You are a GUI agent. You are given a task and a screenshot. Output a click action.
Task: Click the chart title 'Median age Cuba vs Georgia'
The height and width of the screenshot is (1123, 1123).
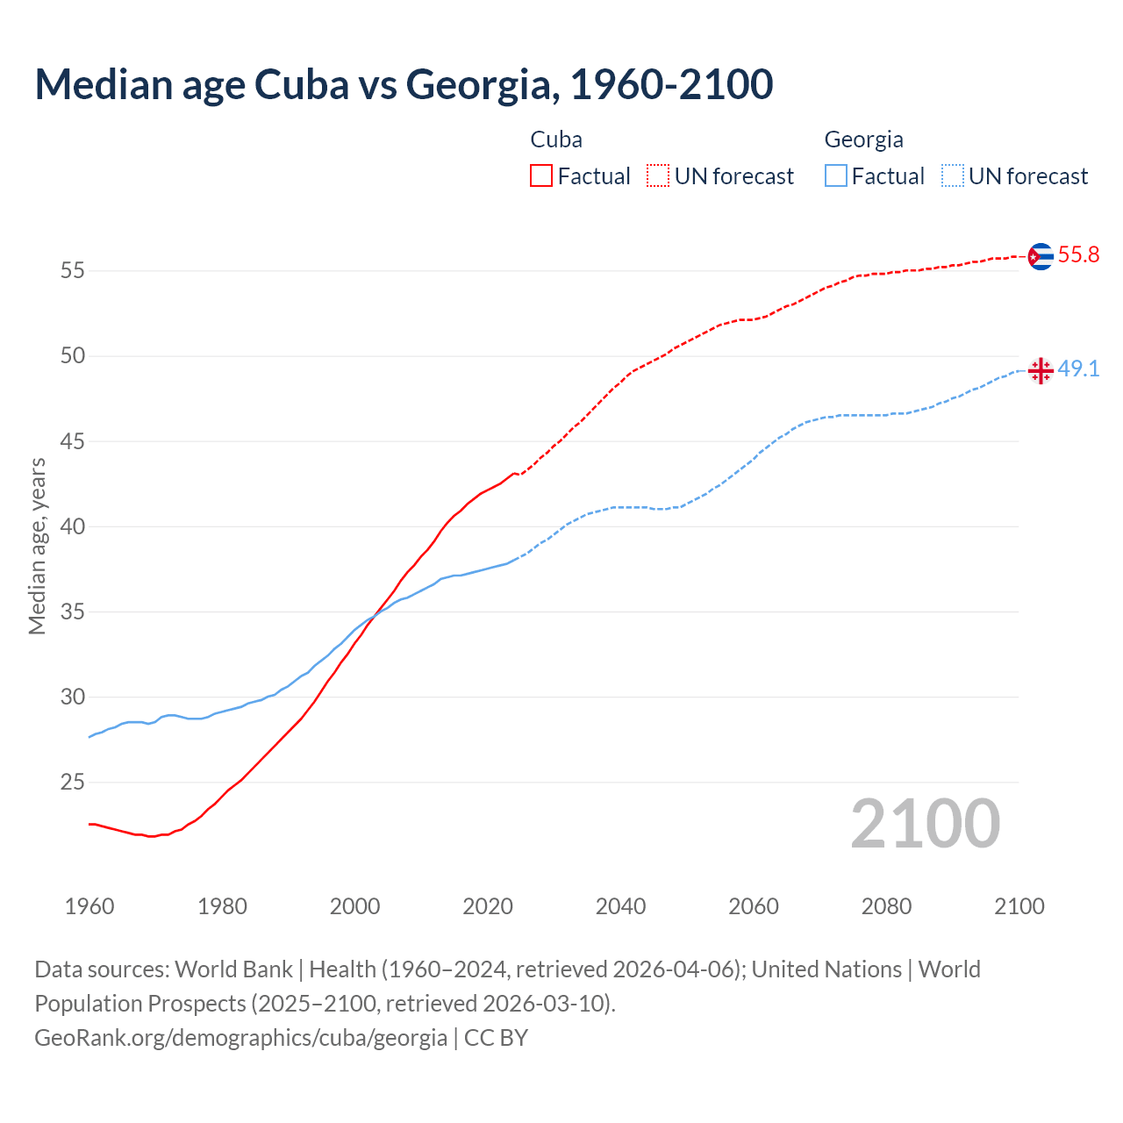(404, 84)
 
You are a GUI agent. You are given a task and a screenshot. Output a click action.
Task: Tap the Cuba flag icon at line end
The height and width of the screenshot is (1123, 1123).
(1040, 256)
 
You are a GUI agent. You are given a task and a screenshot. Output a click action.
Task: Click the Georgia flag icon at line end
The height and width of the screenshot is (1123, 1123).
(1040, 370)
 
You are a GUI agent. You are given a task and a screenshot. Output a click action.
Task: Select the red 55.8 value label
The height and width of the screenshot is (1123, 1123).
(1078, 255)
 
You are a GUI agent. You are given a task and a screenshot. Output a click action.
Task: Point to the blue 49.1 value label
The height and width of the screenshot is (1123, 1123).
(1078, 369)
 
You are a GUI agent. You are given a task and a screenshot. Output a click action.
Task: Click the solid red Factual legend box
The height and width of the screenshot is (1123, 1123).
(541, 176)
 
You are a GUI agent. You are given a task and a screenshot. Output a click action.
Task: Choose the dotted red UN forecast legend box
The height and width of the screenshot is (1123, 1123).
(658, 176)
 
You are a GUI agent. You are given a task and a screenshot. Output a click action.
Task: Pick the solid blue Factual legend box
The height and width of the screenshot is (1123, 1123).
(836, 176)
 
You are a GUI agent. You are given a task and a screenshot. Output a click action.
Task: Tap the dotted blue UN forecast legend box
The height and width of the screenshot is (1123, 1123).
(953, 176)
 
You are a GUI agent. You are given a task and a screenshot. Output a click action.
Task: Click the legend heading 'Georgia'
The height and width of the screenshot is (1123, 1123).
(863, 139)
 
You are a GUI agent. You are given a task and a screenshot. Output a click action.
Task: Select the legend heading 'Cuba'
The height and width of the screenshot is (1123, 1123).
(556, 139)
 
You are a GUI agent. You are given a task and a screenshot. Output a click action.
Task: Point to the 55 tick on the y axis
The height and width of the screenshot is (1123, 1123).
(72, 271)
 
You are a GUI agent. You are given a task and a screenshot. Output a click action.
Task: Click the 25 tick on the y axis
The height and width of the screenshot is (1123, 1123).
(72, 783)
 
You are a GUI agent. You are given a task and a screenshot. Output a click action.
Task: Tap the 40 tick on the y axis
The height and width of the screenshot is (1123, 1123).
(72, 527)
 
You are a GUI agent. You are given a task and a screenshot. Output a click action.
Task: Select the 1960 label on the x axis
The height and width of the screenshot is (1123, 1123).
(89, 906)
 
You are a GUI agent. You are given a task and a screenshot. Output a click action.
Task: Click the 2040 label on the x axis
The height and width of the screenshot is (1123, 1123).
(620, 906)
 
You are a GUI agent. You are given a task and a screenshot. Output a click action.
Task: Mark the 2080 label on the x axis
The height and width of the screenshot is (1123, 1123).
(886, 906)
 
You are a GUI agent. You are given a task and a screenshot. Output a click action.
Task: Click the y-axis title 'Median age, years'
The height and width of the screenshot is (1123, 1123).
(37, 546)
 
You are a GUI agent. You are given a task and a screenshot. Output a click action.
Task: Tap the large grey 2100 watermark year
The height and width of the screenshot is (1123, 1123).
(926, 824)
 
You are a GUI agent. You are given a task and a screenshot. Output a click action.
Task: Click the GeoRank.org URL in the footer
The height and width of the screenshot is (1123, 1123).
(241, 1038)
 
